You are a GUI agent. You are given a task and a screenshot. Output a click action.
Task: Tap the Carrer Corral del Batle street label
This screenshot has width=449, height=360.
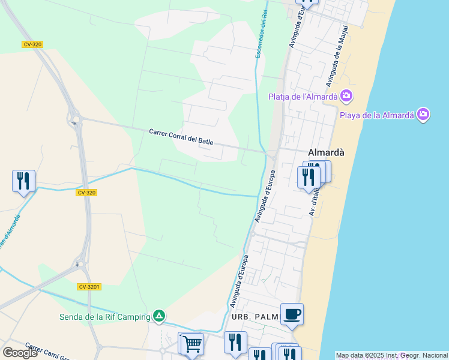point(181,136)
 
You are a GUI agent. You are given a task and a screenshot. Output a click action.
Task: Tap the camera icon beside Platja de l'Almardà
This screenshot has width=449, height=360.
point(346,95)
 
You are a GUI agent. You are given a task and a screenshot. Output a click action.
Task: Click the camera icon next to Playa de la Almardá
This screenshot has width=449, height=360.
point(423,114)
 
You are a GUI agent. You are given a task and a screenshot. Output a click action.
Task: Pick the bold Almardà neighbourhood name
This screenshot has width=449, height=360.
point(326,152)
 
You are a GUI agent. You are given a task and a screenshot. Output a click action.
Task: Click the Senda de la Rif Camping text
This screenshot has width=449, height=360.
point(104,317)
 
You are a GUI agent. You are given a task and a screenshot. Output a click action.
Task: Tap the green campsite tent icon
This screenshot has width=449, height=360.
point(158,315)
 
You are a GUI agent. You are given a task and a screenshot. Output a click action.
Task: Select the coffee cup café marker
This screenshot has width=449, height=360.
point(292,314)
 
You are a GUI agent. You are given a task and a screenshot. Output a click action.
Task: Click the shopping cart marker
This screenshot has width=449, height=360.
point(192,344)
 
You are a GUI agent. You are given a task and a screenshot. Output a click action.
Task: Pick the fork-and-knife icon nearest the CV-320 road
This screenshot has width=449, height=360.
point(23,180)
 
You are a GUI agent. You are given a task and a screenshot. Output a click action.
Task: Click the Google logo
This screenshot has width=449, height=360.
point(20,353)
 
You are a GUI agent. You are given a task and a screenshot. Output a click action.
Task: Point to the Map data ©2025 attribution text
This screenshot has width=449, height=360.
point(391,355)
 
